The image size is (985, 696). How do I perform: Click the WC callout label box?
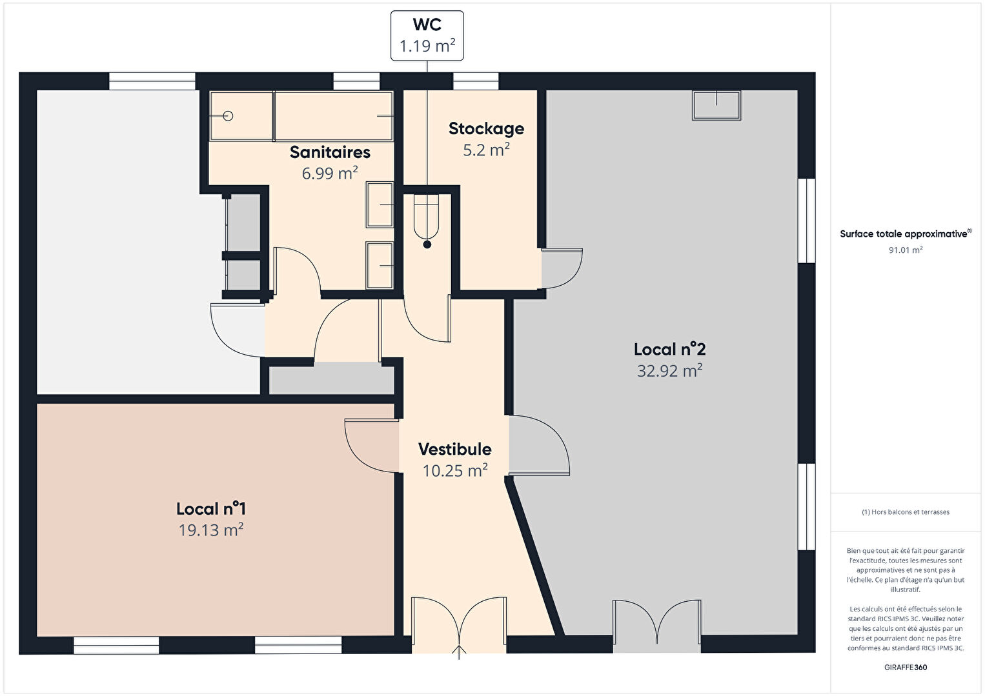coord(427,35)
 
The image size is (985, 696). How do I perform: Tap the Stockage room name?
coord(486,129)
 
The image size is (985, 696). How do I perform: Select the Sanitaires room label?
coord(330,152)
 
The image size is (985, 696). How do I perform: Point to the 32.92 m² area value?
coord(669,370)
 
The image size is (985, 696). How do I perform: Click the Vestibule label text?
coord(454,449)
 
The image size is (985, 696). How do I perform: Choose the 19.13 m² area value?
coord(210,530)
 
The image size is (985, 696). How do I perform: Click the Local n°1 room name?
coord(211,509)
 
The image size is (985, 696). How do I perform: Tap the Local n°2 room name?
coord(670,350)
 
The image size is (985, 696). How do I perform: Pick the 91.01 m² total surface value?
coord(906,250)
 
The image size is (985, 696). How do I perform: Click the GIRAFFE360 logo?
coord(906,667)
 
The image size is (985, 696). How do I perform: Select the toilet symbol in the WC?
coord(427,220)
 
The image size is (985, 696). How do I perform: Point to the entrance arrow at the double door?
coord(459,652)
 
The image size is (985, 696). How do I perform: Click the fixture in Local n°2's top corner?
coord(716,105)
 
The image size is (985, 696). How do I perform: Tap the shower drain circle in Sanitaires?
coord(228,116)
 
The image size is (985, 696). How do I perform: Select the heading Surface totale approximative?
coord(906,234)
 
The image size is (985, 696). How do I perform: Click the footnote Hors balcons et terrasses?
coord(906,512)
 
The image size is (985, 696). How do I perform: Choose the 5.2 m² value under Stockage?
coord(486,150)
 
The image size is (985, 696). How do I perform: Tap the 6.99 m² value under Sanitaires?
coord(330,173)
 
